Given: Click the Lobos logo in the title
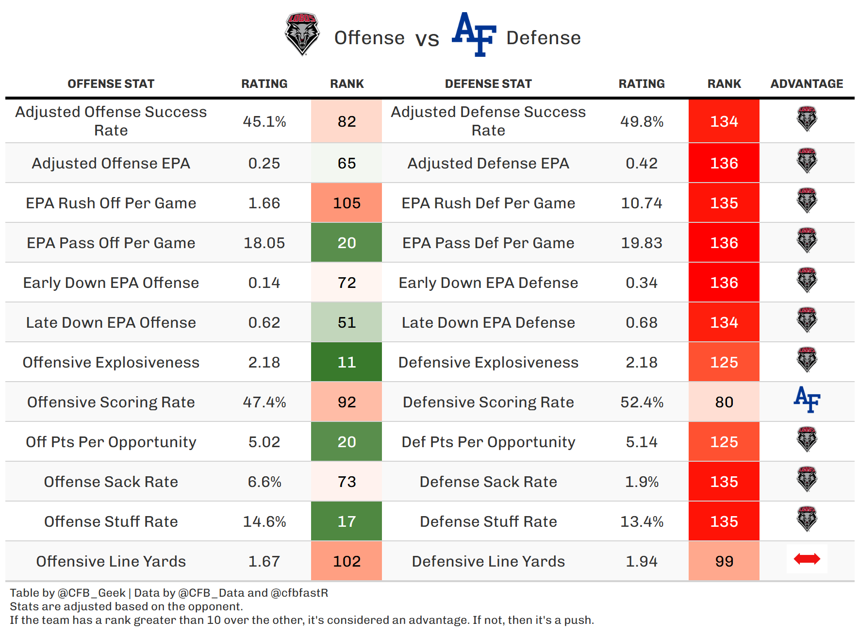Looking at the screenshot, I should click(302, 34).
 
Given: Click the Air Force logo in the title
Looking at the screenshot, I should click(474, 34).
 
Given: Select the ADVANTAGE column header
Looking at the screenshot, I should click(807, 84).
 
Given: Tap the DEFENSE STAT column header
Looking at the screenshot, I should click(488, 84).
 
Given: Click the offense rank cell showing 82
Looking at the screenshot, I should click(347, 121).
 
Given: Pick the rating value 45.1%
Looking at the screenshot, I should click(264, 121).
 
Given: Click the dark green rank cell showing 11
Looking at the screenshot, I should click(347, 362).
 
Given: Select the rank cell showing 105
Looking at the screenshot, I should click(347, 203).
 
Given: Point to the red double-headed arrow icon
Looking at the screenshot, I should click(807, 559).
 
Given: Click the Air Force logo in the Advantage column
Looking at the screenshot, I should click(807, 400).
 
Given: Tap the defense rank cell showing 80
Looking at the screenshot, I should click(724, 402).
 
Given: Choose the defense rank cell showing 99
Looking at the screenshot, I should click(724, 561).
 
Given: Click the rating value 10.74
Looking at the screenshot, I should click(642, 203).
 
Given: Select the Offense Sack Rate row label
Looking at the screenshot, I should click(111, 482).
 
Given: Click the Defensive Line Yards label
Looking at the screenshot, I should click(488, 561).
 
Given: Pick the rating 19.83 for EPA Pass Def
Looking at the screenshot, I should click(642, 243).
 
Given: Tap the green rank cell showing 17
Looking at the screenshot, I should click(347, 521).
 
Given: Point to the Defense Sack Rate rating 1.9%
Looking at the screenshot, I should click(642, 482).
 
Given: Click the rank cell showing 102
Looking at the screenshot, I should click(347, 561).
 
